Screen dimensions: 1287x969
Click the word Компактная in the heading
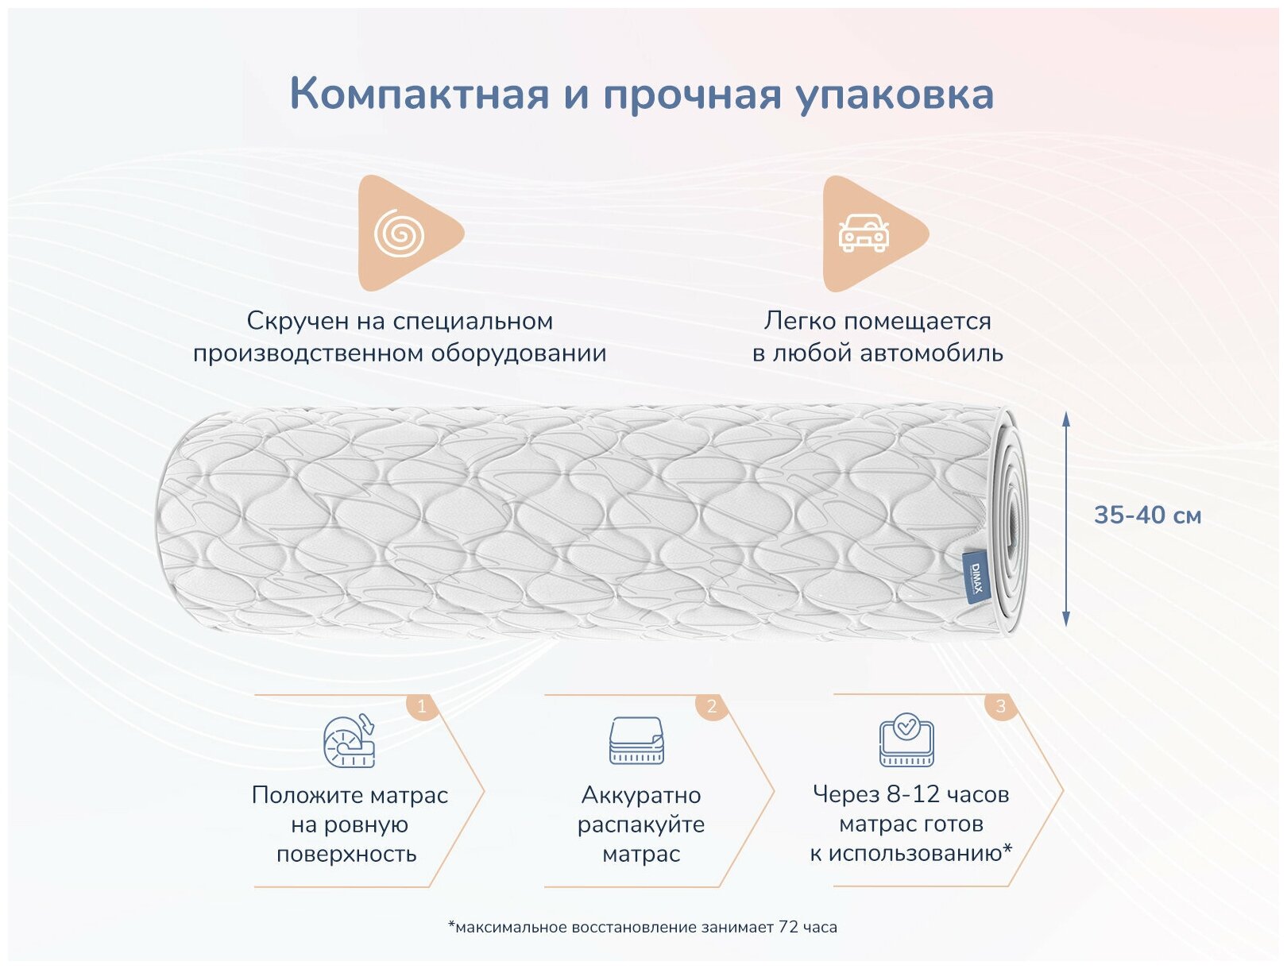419,94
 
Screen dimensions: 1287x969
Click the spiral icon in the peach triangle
400,234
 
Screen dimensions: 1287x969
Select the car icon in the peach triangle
864,234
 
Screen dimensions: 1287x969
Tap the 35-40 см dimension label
1147,515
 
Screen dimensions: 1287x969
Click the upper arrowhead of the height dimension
1066,419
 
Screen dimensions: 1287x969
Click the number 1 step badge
422,705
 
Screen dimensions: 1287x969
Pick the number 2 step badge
711,705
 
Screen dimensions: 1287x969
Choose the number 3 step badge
1000,705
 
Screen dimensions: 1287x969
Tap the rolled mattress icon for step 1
350,740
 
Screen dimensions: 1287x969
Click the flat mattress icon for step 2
636,741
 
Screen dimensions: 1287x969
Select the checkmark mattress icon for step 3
906,741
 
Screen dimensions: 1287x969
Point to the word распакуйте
641,824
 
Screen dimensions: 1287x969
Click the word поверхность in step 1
346,855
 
